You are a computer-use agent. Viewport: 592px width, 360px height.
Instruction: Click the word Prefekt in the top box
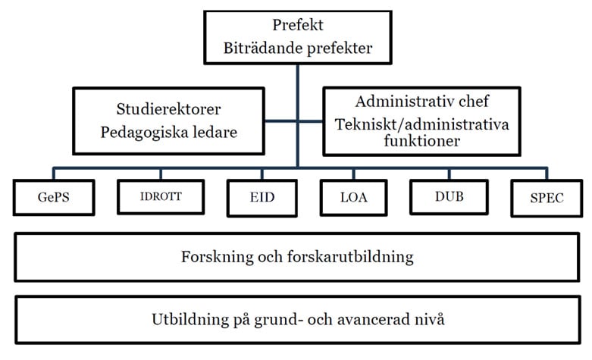point(297,25)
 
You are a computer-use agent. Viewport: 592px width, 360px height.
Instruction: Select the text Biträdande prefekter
point(297,49)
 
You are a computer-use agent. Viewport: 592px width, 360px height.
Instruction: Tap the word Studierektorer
point(168,109)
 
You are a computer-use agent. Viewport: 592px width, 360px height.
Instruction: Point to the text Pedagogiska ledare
point(168,133)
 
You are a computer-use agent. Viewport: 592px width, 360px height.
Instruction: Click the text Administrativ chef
point(421,101)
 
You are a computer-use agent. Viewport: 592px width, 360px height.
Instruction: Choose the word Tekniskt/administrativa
point(421,124)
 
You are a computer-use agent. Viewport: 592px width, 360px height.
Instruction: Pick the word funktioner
point(421,141)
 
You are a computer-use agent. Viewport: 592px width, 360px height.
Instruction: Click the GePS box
point(54,197)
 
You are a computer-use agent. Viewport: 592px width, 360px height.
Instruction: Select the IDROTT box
point(161,196)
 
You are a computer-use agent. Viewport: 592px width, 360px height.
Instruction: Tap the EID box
point(262,198)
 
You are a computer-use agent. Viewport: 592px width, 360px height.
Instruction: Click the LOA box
point(353,197)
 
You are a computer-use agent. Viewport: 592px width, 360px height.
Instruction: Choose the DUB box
point(449,196)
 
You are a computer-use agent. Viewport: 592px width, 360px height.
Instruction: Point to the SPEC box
point(547,198)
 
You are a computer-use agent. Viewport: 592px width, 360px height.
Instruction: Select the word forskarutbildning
point(350,257)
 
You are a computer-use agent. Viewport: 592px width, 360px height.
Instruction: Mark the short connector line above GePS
point(54,174)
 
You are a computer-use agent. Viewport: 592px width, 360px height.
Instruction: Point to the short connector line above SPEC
point(547,174)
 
